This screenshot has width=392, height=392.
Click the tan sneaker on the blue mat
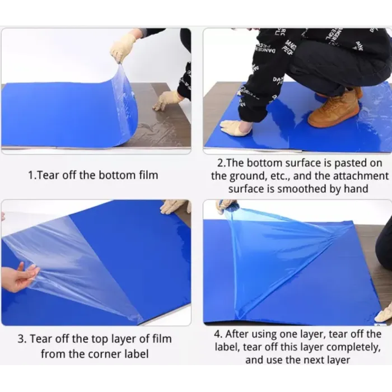point(334,109)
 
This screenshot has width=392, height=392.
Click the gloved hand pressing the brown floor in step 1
point(167,100)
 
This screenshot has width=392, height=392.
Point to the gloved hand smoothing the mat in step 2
point(234,128)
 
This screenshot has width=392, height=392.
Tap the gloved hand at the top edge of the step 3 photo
point(175,206)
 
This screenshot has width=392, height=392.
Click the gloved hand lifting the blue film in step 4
point(227,207)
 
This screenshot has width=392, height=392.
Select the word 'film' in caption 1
point(149,175)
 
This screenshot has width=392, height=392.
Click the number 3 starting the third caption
point(21,339)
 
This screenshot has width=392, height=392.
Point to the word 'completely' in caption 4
point(354,348)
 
